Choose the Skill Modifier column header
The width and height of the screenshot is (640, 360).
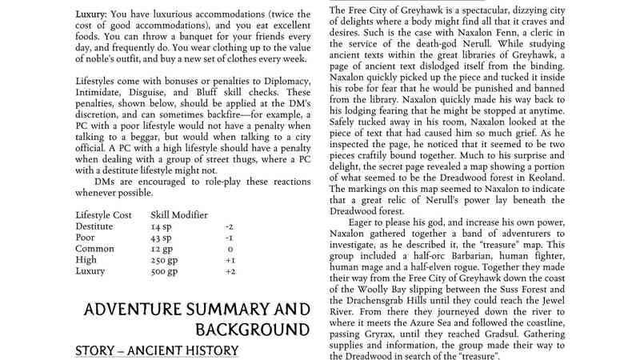click(179, 215)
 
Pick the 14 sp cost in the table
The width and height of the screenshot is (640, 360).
click(161, 227)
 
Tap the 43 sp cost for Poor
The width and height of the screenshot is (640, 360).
click(161, 238)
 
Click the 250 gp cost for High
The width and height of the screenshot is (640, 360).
click(165, 261)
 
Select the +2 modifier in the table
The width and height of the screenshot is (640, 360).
click(230, 272)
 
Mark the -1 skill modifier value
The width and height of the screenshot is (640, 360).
click(230, 238)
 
